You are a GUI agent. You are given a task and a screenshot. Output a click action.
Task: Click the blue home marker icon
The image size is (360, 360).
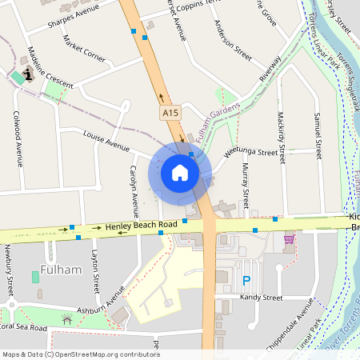[x=180, y=173]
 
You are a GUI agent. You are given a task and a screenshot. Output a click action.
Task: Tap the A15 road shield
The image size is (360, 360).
[x=170, y=114]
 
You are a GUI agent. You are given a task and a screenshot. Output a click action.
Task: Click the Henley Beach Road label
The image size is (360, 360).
[x=141, y=227]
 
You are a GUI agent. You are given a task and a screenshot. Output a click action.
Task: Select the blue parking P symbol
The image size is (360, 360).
[x=246, y=281]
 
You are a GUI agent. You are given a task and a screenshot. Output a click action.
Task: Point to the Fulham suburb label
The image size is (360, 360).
[x=61, y=270]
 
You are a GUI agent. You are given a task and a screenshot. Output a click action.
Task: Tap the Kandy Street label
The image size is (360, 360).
[x=261, y=298]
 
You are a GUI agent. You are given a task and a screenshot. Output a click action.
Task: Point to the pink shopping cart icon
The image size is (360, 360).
[x=288, y=238]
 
